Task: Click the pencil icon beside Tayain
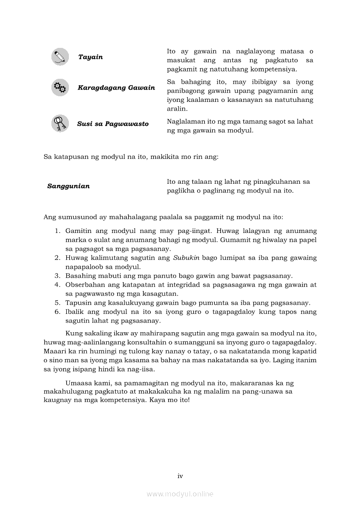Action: pyautogui.click(x=60, y=57)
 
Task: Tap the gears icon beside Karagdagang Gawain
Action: pyautogui.click(x=60, y=88)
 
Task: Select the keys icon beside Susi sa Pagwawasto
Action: pyautogui.click(x=60, y=124)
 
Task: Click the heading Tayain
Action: pyautogui.click(x=91, y=57)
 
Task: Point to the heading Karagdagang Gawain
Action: pyautogui.click(x=116, y=88)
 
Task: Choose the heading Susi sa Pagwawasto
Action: pyautogui.click(x=113, y=124)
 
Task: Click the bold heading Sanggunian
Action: pyautogui.click(x=68, y=186)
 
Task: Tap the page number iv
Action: pyautogui.click(x=180, y=476)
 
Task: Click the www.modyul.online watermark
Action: pyautogui.click(x=180, y=494)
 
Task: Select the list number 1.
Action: pyautogui.click(x=57, y=231)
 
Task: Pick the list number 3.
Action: pyautogui.click(x=57, y=276)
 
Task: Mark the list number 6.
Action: pyautogui.click(x=57, y=312)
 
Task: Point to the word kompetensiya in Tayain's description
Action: pyautogui.click(x=276, y=69)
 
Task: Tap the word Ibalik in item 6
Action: pyautogui.click(x=74, y=312)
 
